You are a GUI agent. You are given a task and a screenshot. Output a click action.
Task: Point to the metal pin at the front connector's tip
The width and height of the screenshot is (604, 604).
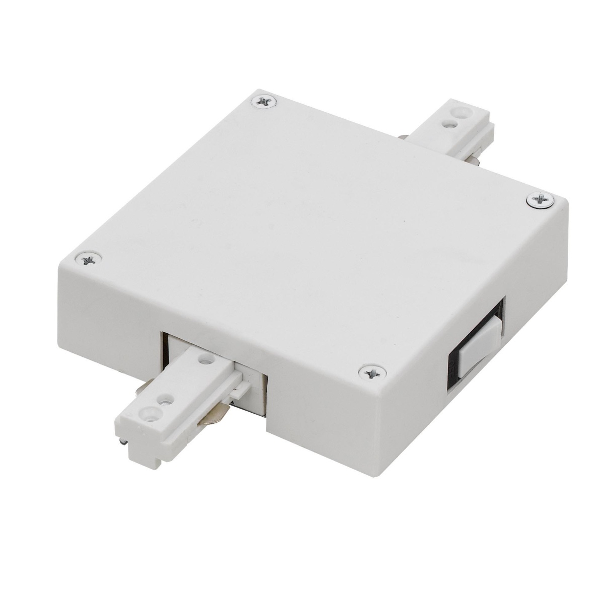[x=122, y=442]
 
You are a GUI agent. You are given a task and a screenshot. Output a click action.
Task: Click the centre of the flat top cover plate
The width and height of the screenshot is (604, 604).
[x=312, y=226]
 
